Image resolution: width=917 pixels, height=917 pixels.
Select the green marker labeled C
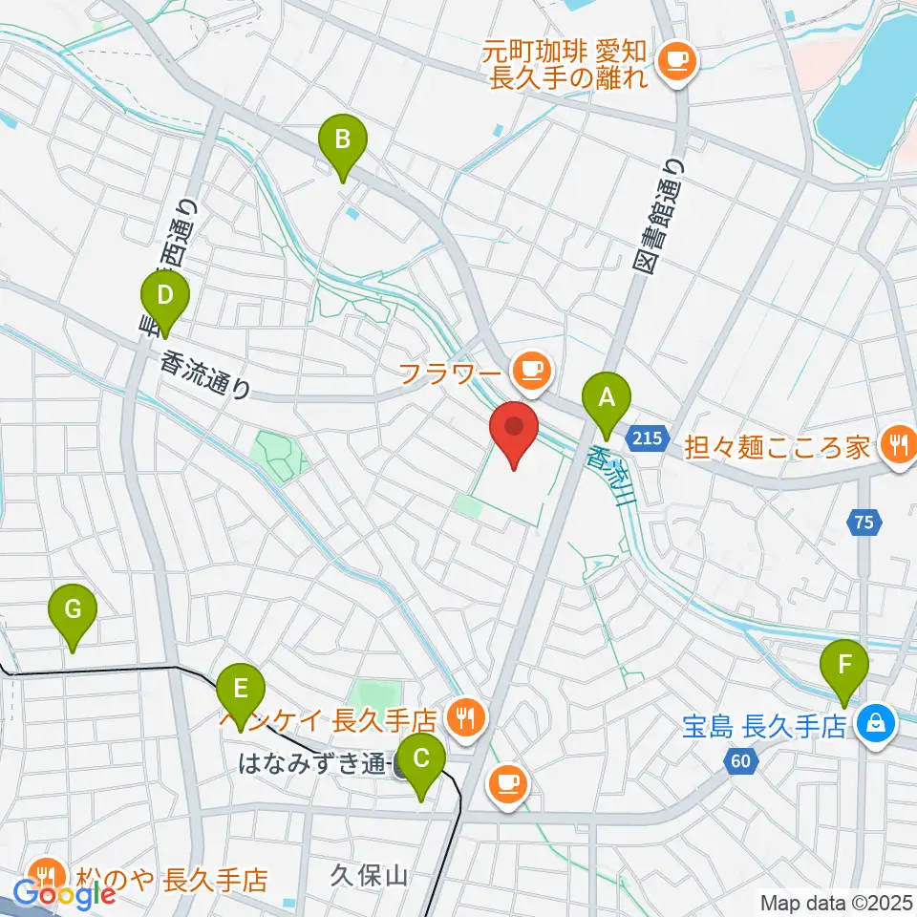[421, 762]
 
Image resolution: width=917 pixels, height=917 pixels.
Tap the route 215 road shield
[646, 438]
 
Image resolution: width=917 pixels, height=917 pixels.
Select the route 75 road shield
[864, 522]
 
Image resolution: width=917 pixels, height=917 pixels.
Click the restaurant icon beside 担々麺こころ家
[898, 442]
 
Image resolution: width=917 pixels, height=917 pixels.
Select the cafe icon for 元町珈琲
[679, 61]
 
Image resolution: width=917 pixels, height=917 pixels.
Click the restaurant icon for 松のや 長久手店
[44, 874]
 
